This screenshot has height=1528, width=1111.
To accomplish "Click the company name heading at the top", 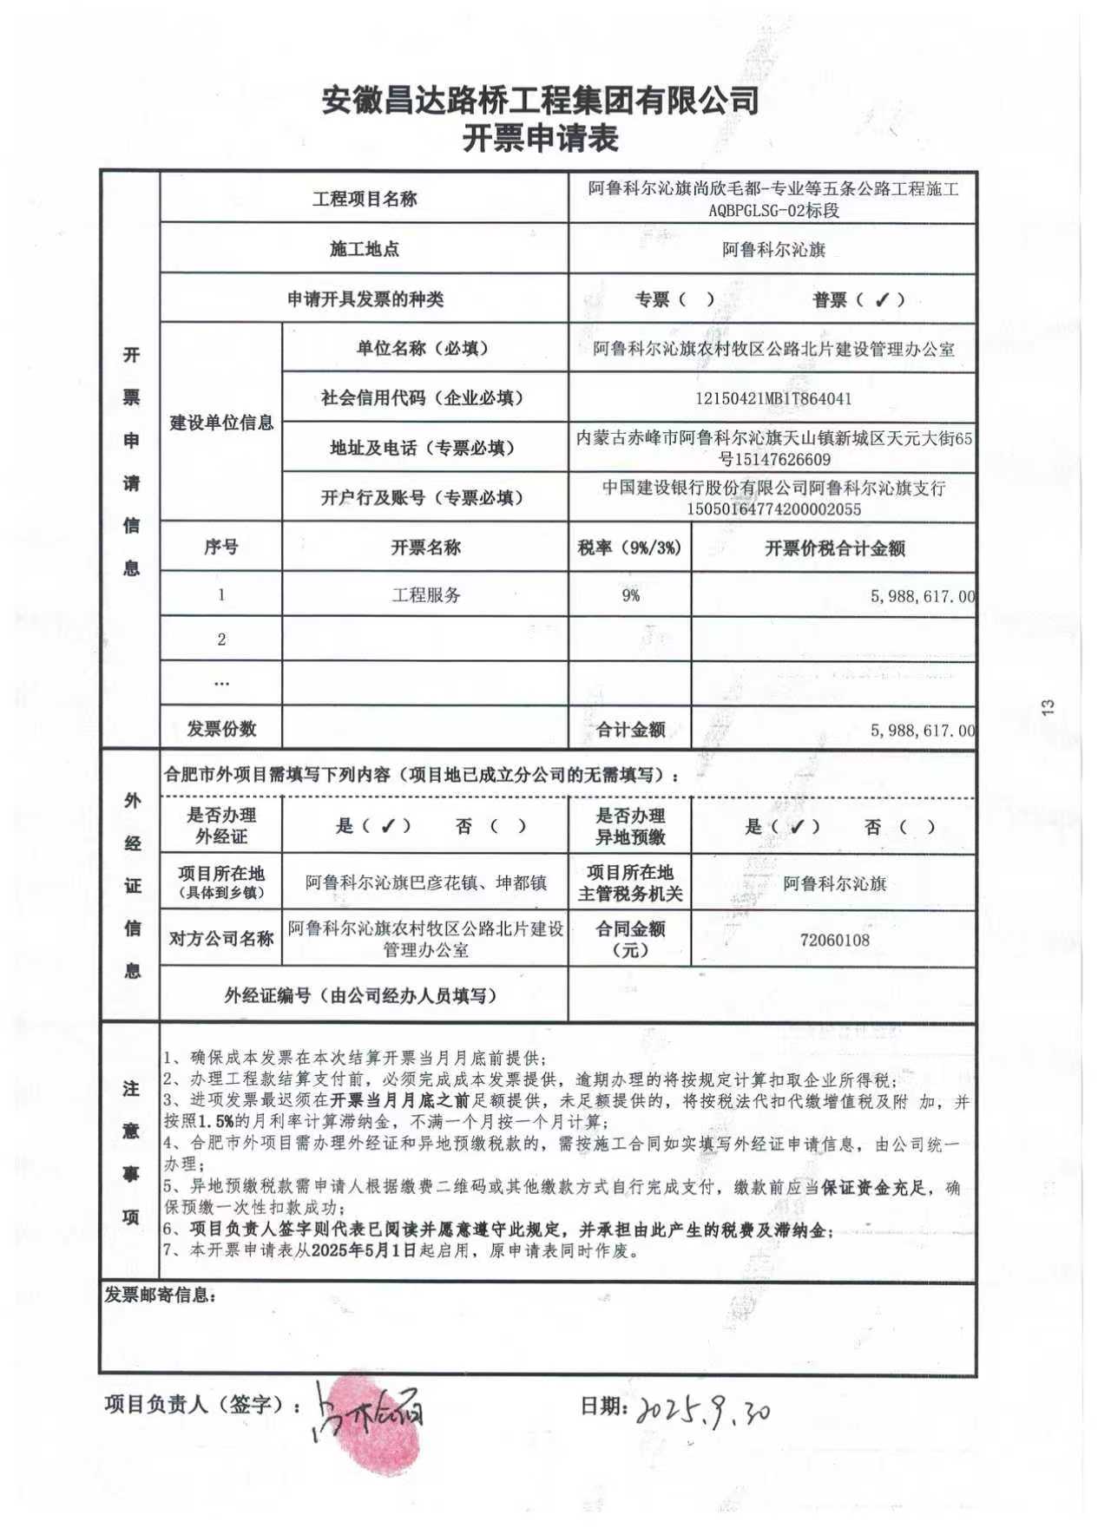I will coord(540,101).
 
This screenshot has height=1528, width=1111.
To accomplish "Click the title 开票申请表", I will coord(540,139).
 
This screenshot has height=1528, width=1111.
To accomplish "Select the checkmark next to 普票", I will coord(882,300).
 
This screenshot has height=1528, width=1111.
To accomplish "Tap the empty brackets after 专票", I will coord(697,300).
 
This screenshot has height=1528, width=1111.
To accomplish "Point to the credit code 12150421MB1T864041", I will coord(773,399).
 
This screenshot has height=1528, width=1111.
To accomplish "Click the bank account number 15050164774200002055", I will coord(773,509).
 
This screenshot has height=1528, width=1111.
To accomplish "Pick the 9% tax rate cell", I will coord(630,595).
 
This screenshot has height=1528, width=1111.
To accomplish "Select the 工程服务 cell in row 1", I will coord(425,595).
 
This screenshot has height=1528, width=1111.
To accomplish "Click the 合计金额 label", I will coord(630,730).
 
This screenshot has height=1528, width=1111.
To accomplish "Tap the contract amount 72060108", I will coord(834,940).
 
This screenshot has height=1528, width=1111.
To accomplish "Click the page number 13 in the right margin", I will coord(1048,707).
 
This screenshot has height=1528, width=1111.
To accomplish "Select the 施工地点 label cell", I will coord(365,250).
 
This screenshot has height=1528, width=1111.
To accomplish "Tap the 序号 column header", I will coord(221,548).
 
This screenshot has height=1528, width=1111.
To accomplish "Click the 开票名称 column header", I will coord(425,548).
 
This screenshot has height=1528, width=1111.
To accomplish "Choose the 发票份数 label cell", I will coord(221,729).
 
